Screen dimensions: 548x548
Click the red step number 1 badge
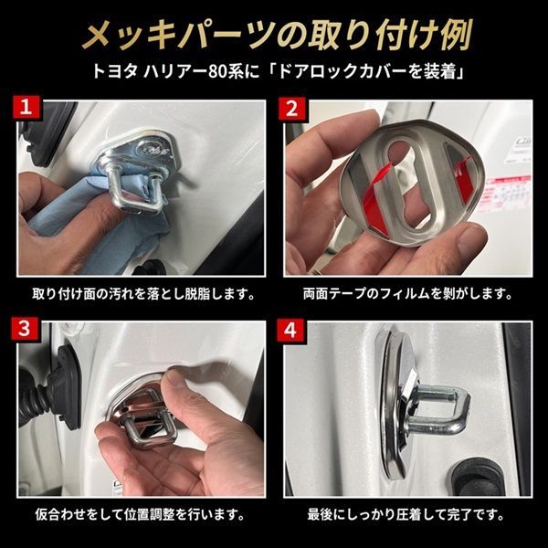pyautogui.click(x=26, y=107)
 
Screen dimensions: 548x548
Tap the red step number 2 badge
pyautogui.click(x=292, y=108)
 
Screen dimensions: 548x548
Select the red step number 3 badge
pyautogui.click(x=25, y=329)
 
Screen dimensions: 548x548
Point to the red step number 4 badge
pyautogui.click(x=290, y=329)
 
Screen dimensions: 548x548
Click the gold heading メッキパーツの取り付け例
pyautogui.click(x=277, y=36)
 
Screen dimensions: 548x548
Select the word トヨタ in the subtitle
pyautogui.click(x=114, y=72)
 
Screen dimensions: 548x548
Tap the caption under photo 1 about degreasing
pyautogui.click(x=143, y=294)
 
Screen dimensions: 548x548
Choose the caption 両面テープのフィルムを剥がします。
pyautogui.click(x=407, y=294)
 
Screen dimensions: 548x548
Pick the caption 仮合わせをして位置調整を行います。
pyautogui.click(x=140, y=515)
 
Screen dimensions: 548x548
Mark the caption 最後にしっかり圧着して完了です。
pyautogui.click(x=406, y=515)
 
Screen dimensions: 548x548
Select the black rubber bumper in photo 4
pyautogui.click(x=478, y=477)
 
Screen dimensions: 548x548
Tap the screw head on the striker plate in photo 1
pyautogui.click(x=151, y=150)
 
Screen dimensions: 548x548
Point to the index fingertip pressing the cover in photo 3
pyautogui.click(x=177, y=378)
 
